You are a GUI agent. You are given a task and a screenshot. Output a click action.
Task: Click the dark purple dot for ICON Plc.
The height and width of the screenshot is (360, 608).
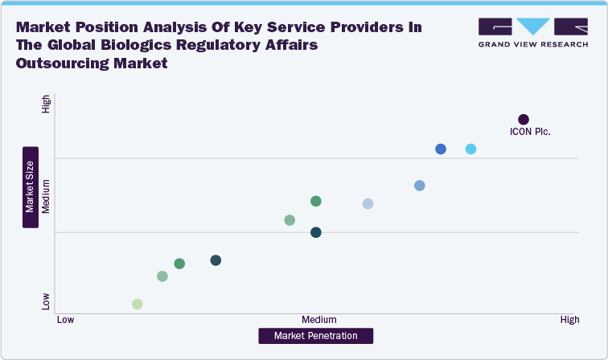pos(524,120)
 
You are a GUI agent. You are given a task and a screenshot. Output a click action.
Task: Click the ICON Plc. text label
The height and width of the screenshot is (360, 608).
pos(530,133)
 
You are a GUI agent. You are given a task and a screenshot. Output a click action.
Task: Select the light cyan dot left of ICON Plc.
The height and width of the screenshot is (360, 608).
pos(470,149)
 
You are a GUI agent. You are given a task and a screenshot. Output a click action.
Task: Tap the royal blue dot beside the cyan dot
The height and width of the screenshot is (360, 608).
pos(441,149)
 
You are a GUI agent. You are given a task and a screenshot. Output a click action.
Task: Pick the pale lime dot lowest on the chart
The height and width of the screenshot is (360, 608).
pos(138,304)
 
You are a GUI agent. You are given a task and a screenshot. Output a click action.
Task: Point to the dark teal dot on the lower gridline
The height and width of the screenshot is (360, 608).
pos(316,232)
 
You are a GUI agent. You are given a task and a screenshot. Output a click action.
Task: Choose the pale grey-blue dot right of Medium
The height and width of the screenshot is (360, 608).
pos(368,203)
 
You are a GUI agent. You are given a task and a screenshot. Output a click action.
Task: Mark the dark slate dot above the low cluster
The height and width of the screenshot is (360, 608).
pos(216,260)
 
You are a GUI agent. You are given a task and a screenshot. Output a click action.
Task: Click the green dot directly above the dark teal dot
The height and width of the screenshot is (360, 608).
pos(316,201)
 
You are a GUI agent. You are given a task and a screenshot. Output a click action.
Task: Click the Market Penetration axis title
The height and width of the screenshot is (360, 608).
pos(315,336)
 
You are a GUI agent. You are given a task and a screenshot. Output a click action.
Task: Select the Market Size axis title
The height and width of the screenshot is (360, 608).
pos(30,187)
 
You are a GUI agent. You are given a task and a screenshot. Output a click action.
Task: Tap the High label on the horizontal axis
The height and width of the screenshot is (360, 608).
pos(569,320)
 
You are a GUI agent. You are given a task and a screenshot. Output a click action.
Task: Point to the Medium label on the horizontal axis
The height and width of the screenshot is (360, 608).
pos(319,320)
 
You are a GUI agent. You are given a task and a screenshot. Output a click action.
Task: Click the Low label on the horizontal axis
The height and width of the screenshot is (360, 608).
pos(66,320)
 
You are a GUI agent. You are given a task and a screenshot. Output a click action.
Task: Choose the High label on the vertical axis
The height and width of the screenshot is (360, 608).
pos(46,104)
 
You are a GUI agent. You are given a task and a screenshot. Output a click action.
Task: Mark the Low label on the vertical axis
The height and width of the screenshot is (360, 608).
pos(46,301)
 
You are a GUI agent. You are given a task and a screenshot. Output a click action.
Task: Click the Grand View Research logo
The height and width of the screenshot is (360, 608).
pos(532,32)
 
